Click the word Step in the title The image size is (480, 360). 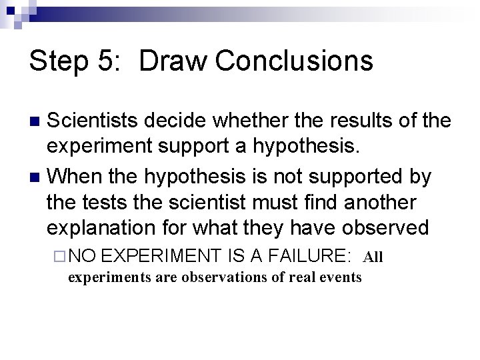pos(56,61)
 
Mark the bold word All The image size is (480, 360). pos(373,256)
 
